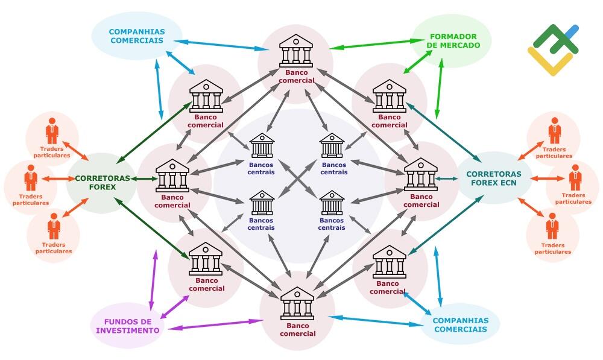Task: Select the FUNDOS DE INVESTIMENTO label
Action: (128, 326)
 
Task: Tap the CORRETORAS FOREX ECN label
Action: (494, 178)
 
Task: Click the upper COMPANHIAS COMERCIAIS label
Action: (137, 36)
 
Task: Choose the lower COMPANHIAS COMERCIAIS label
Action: (461, 325)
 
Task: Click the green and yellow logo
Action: (554, 49)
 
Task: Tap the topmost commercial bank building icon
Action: (295, 51)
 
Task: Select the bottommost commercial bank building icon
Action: (297, 303)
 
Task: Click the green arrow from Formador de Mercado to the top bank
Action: (371, 44)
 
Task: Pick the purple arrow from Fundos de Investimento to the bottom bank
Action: (215, 324)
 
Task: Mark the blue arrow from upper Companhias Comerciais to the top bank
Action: (221, 45)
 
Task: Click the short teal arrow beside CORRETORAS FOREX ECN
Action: (446, 178)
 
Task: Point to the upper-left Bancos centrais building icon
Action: (262, 145)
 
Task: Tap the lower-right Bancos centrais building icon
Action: (332, 203)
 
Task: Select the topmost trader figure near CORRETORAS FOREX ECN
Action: (554, 131)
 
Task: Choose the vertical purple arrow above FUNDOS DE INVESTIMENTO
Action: (153, 280)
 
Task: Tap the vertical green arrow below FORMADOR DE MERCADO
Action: (439, 89)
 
